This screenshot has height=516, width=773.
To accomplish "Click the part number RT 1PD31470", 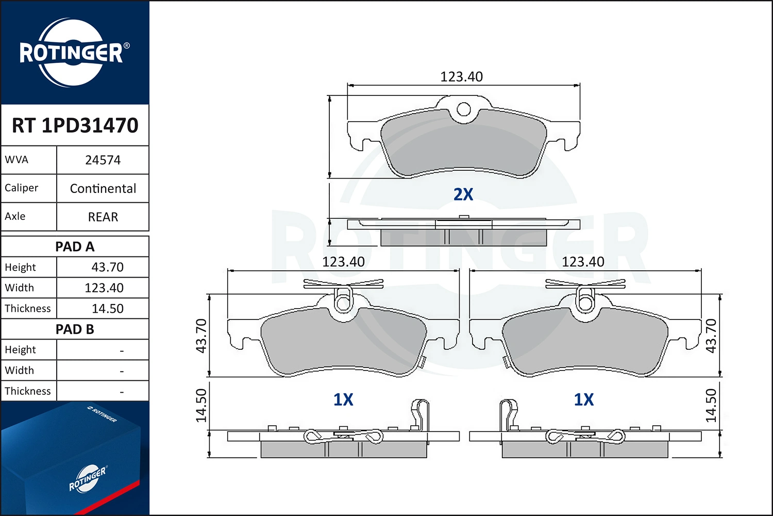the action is tap(75, 125).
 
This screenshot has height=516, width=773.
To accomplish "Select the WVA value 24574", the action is tap(103, 160).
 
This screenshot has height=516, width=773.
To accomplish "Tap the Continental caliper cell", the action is tap(103, 188).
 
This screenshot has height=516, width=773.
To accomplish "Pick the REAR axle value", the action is tap(103, 217).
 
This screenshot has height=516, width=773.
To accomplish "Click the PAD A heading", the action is tap(75, 247).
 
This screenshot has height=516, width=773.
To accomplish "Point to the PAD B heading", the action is tap(75, 329).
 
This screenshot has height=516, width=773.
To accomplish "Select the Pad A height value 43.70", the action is tap(107, 267).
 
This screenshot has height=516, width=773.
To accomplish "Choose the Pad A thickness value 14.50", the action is tap(107, 308).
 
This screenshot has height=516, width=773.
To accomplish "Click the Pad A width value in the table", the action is tap(104, 287).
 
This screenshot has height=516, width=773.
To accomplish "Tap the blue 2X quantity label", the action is tap(463, 194).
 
